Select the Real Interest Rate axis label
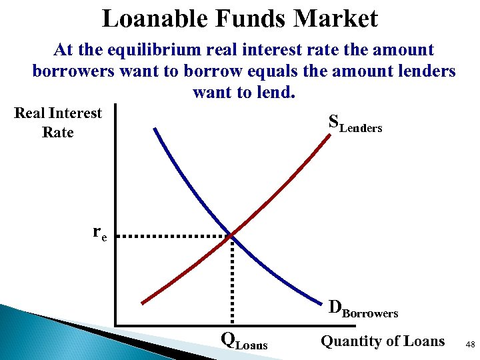coord(58,123)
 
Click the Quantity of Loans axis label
coord(383,341)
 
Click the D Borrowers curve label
coord(363,308)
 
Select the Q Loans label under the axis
coord(244,342)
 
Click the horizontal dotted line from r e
coord(177,236)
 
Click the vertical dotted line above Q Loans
coord(231,280)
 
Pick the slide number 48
coord(470,345)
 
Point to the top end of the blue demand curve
coord(155,128)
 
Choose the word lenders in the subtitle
coord(421,71)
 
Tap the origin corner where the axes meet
coord(115,325)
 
